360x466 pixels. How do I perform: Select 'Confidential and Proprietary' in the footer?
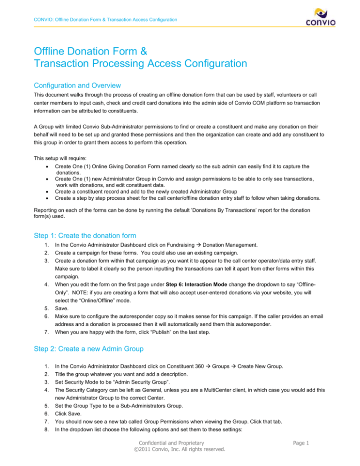(x=180, y=450)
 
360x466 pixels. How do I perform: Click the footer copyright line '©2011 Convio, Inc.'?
(x=180, y=458)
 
